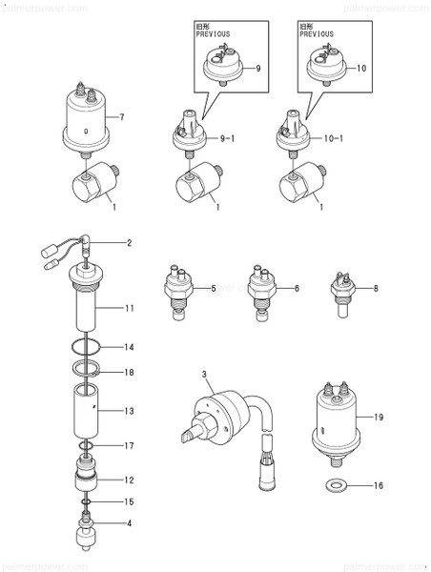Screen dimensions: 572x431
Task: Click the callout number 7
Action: (x=122, y=118)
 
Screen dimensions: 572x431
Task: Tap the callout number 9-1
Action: (x=226, y=140)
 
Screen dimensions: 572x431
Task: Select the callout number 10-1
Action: (x=333, y=140)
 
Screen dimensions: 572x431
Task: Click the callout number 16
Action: (x=379, y=485)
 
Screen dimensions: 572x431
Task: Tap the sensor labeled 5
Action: (x=176, y=286)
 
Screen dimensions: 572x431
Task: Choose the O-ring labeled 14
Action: (x=86, y=347)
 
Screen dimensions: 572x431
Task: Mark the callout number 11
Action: (x=130, y=309)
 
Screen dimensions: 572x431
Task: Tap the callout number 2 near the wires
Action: (x=130, y=244)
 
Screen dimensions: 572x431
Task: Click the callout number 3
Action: (x=203, y=373)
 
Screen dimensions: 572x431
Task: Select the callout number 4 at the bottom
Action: (x=130, y=522)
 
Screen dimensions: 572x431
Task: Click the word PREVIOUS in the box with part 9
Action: (x=214, y=33)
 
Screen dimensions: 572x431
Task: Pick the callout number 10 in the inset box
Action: (x=361, y=69)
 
